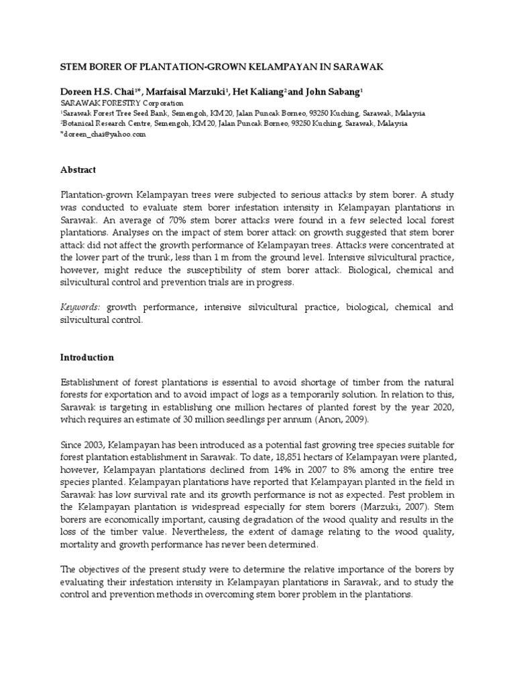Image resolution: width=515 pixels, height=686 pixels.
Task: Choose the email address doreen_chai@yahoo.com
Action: pyautogui.click(x=105, y=135)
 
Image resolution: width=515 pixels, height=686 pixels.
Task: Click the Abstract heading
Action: pyautogui.click(x=78, y=170)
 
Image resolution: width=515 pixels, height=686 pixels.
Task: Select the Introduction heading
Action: pyautogui.click(x=87, y=358)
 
